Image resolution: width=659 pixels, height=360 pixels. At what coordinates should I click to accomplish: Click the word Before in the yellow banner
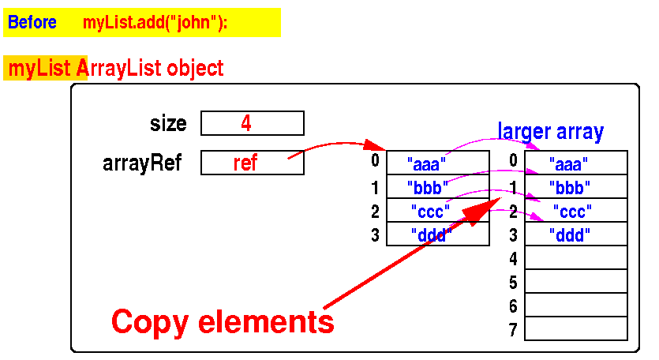(32, 23)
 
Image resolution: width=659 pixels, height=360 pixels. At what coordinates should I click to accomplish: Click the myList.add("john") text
(155, 23)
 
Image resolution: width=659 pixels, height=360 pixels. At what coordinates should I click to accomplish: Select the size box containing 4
(252, 123)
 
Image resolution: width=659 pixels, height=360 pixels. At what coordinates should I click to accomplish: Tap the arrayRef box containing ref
(252, 163)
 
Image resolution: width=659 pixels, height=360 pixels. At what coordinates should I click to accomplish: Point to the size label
(168, 124)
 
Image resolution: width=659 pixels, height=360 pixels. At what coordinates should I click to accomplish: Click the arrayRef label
(142, 163)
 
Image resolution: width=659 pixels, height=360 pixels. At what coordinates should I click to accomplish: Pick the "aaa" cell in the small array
(437, 163)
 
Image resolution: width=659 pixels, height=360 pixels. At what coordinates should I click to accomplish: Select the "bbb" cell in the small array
(437, 187)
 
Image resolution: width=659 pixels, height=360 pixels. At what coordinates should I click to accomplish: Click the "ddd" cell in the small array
(437, 234)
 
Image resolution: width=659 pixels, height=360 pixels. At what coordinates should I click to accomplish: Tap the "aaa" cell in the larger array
(575, 163)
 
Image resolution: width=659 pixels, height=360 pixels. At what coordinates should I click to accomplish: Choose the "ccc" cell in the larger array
(575, 211)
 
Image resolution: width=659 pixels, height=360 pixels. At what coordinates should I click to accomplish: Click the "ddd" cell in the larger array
(575, 234)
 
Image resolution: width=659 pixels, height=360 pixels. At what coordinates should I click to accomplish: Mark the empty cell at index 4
(575, 257)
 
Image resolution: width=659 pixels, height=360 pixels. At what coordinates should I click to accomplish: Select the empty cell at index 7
(575, 328)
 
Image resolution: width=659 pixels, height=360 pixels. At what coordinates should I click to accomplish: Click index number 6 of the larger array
(513, 306)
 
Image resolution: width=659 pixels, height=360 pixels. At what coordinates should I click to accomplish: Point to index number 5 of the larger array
(513, 282)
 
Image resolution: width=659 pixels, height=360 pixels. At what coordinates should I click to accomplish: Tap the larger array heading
(550, 131)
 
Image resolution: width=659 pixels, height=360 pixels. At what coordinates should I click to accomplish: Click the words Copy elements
(223, 321)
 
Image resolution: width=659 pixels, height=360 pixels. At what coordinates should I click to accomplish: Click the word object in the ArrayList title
(195, 69)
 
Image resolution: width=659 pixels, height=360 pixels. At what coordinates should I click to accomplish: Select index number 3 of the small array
(375, 234)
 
